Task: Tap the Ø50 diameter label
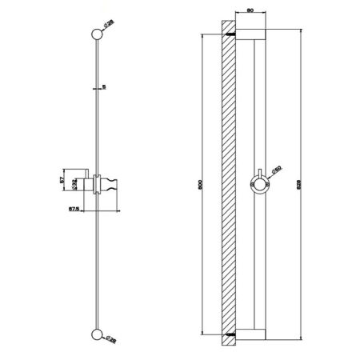pos(276,168)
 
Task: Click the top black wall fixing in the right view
pos(230,37)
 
